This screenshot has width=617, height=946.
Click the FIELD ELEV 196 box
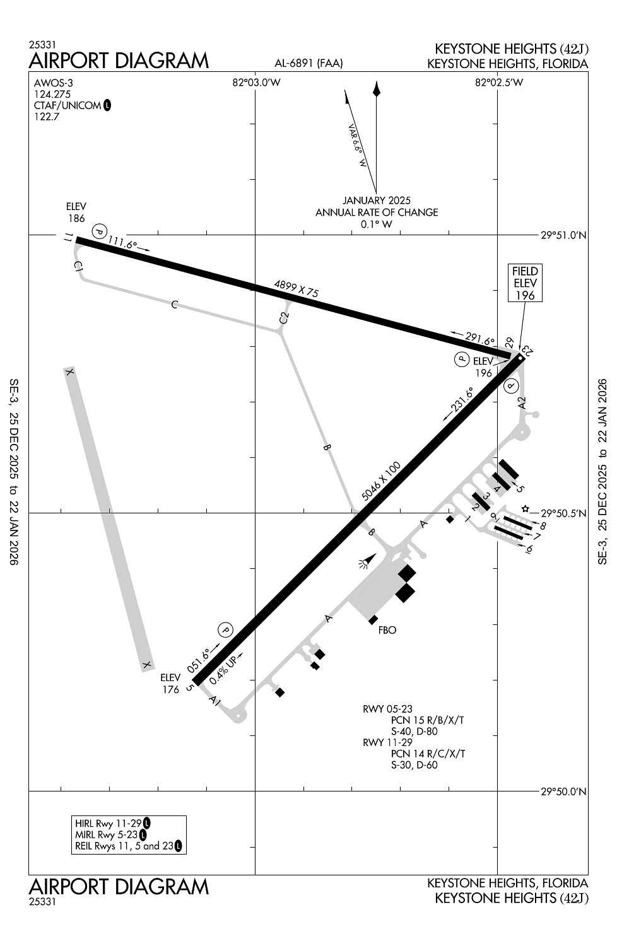(525, 283)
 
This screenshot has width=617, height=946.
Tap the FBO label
(387, 630)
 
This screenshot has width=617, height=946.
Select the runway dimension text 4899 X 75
(296, 288)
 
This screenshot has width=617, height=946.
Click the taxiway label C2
(285, 318)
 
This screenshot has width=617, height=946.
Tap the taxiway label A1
(215, 701)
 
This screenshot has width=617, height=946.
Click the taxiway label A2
(521, 402)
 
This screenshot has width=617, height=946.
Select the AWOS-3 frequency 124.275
(52, 94)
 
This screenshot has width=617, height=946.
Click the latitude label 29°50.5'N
(564, 513)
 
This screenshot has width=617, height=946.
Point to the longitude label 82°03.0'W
(256, 83)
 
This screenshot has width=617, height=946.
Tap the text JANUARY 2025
(377, 201)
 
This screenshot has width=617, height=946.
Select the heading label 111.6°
(122, 242)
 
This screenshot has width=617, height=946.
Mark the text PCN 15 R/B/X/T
(427, 720)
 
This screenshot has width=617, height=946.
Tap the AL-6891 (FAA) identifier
(308, 63)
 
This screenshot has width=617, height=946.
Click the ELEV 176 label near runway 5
(170, 684)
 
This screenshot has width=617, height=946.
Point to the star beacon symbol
(526, 508)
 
